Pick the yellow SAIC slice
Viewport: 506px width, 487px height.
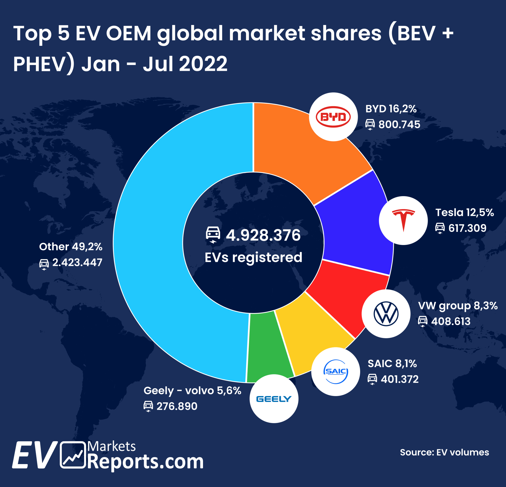310,338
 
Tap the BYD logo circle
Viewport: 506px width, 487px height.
333,117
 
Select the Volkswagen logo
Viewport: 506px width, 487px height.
386,314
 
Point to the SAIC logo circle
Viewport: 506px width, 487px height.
336,372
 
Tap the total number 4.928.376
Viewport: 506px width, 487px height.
263,235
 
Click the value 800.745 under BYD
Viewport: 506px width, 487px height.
399,125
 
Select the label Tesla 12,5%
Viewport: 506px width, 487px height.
464,212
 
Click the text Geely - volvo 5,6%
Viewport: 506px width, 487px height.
192,390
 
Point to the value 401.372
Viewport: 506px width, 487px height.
399,379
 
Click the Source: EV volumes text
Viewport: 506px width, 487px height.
444,452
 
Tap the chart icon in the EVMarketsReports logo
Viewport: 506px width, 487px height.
73,455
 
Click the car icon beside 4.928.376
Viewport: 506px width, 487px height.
213,235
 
